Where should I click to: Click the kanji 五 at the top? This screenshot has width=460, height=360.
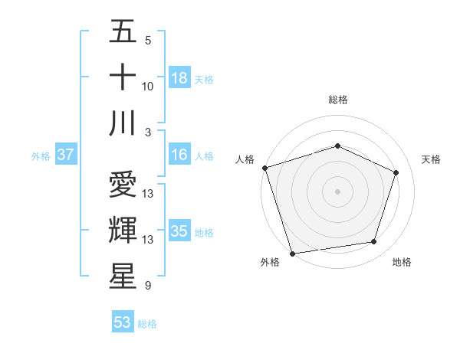click(x=123, y=32)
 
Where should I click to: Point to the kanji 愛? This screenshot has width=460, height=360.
click(x=123, y=185)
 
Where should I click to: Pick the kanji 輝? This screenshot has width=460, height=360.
click(x=123, y=231)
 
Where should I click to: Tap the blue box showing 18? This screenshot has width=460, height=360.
click(x=179, y=78)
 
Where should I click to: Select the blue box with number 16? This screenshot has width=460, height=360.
click(x=179, y=155)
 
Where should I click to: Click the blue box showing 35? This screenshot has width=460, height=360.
click(x=179, y=231)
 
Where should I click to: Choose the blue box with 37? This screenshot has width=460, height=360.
click(x=65, y=155)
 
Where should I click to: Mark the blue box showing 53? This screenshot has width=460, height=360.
click(x=123, y=322)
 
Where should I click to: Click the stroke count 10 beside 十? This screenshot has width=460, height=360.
click(x=148, y=87)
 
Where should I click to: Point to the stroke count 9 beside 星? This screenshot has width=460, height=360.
click(x=147, y=286)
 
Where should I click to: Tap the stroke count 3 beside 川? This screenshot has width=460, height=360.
click(x=147, y=133)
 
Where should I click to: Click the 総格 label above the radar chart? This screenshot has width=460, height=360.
click(x=338, y=100)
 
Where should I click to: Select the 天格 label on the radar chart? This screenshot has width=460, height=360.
click(x=432, y=159)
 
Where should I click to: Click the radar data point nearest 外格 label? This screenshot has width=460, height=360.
click(x=292, y=253)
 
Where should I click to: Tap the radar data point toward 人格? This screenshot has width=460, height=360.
click(x=264, y=168)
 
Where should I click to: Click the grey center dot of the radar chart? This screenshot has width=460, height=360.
click(x=337, y=191)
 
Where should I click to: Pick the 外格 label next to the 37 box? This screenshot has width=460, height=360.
click(x=41, y=155)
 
